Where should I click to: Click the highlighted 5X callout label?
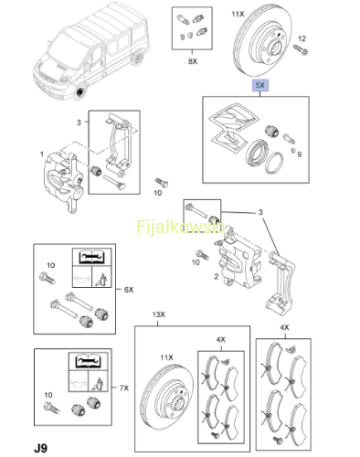(x=259, y=85)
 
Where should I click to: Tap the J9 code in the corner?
(x=41, y=448)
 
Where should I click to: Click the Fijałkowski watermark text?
(x=181, y=227)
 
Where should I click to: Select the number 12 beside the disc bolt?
(x=302, y=38)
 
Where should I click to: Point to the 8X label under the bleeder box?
(x=193, y=61)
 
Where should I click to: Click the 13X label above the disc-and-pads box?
(x=158, y=314)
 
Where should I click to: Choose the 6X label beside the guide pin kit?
(x=129, y=290)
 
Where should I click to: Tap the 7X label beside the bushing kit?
(x=124, y=388)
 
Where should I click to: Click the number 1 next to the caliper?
(x=42, y=154)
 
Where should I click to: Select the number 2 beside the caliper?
(x=217, y=276)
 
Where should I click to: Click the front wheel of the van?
(x=80, y=91)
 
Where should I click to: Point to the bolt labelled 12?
(x=301, y=50)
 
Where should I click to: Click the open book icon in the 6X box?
(x=91, y=257)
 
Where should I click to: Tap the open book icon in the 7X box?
(x=88, y=361)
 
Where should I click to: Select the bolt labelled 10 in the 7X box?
(x=52, y=408)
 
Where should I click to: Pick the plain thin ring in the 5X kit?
(x=274, y=163)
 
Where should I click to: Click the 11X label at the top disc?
(x=238, y=15)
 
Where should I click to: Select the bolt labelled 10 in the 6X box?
(x=47, y=278)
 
